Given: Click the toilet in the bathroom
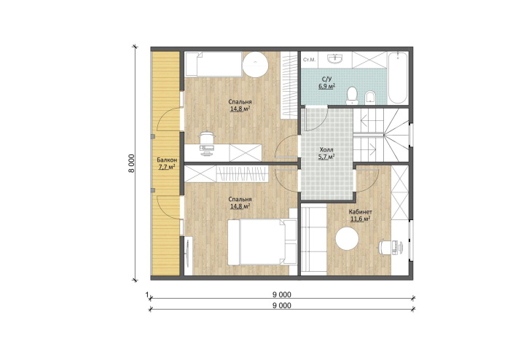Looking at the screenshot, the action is [x=352, y=95].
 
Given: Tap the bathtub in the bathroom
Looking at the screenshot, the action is [x=398, y=78].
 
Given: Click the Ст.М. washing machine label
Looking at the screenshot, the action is [x=309, y=60].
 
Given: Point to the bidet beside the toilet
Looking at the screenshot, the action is [x=370, y=97].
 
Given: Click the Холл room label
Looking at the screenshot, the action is [x=326, y=149].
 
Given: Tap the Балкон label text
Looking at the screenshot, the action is [x=167, y=160].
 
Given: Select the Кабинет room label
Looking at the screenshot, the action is [x=360, y=212].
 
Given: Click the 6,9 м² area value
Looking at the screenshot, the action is [x=326, y=86].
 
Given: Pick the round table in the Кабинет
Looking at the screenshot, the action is [x=347, y=239].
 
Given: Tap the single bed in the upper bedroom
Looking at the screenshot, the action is [x=213, y=64].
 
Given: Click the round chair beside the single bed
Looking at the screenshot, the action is [x=255, y=64].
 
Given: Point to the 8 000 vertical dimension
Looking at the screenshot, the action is [x=131, y=163].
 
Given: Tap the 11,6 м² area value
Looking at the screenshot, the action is [x=360, y=219].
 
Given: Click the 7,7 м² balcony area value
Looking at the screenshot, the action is [x=167, y=167].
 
